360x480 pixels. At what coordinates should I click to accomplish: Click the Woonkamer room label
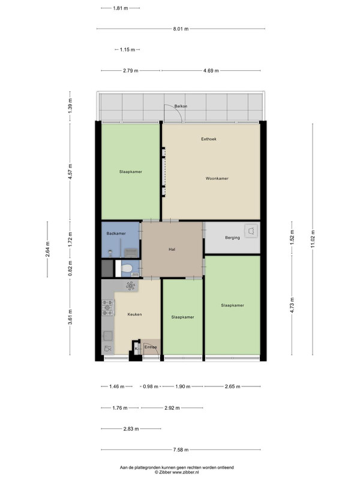(217, 178)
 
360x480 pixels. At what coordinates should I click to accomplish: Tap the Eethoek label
(209, 139)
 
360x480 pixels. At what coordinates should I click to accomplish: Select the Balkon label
(181, 106)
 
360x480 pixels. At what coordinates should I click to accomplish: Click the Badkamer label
(116, 233)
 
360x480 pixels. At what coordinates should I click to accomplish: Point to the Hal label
(172, 250)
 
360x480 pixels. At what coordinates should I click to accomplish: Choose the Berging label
(232, 238)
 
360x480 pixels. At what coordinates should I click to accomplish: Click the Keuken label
(134, 314)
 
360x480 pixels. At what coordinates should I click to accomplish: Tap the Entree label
(151, 347)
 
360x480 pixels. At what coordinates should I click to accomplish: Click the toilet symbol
(127, 268)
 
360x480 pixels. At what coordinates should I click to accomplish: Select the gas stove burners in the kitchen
(108, 307)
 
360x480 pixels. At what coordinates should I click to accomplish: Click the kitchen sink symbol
(107, 336)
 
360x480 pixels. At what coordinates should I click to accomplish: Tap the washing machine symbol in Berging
(251, 231)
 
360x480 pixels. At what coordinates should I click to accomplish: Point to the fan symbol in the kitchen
(130, 286)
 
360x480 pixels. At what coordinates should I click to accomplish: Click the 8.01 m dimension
(181, 29)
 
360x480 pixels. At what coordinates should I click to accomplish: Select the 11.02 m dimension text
(313, 239)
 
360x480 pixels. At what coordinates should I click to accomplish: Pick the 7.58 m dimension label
(181, 449)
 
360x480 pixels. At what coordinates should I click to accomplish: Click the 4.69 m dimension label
(211, 71)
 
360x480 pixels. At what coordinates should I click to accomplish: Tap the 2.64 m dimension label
(47, 250)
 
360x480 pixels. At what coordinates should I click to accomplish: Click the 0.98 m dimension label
(151, 386)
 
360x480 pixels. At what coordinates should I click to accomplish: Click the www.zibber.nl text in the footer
(186, 472)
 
